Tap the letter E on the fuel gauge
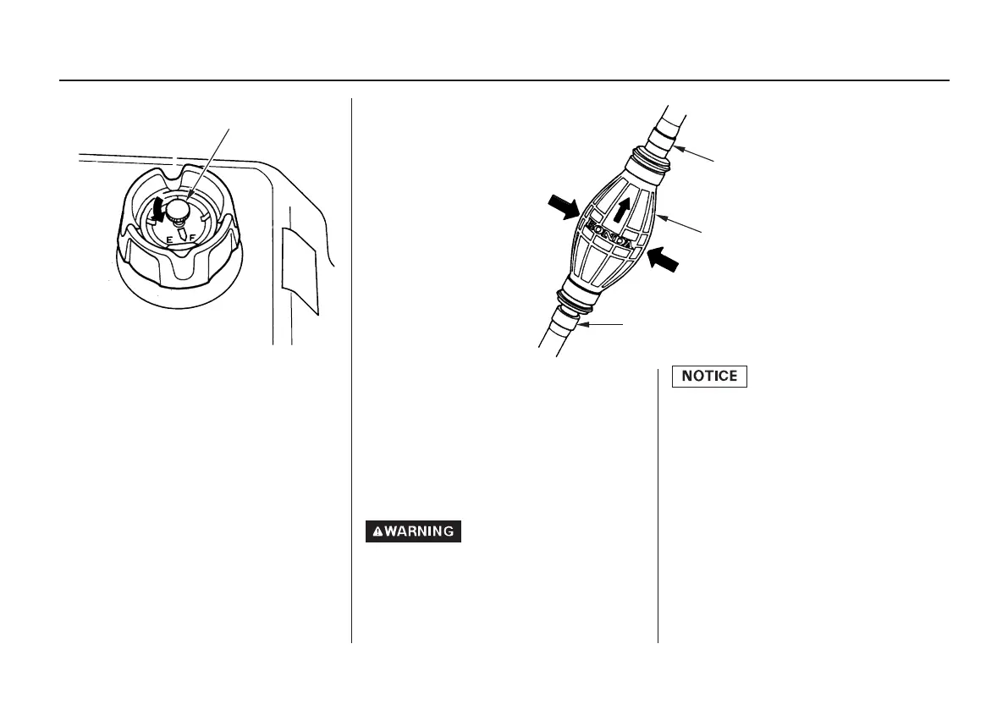click(x=169, y=240)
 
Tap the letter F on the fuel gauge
click(x=193, y=239)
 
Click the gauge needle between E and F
click(x=180, y=237)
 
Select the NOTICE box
click(x=710, y=376)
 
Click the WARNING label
click(x=414, y=531)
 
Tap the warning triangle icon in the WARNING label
click(x=377, y=531)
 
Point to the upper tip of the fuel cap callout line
click(x=229, y=128)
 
